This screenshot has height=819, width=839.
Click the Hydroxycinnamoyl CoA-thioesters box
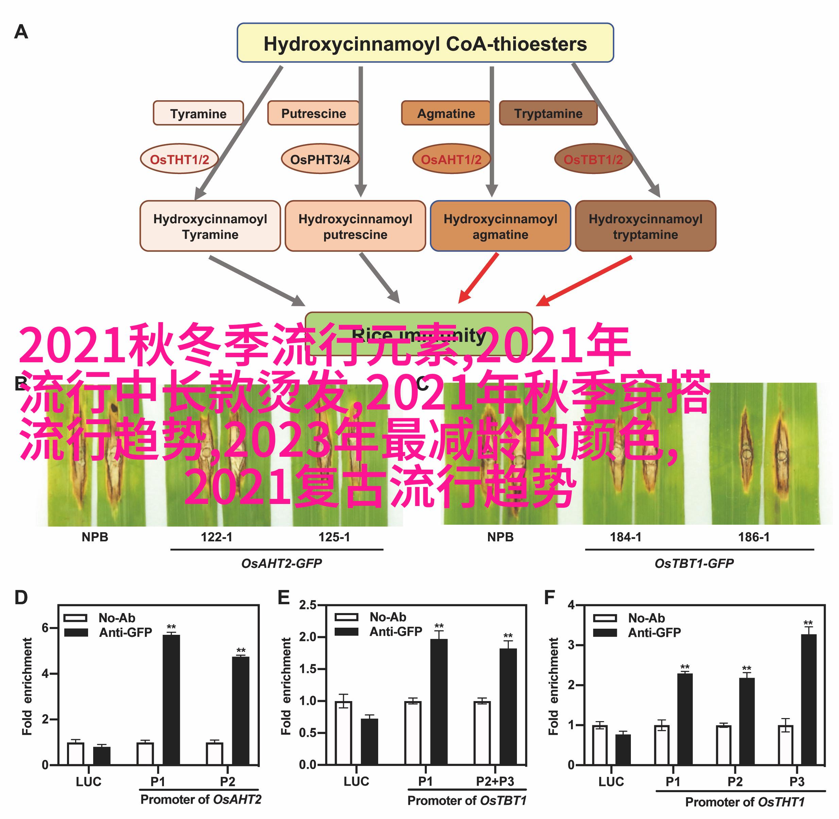(x=425, y=43)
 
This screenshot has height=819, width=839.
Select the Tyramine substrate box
(x=198, y=113)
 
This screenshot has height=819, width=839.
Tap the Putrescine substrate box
(x=313, y=113)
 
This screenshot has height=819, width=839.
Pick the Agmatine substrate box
(x=446, y=113)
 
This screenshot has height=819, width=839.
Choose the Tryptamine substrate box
(x=548, y=113)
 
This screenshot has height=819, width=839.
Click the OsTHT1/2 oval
(x=179, y=159)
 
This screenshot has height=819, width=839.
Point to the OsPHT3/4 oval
(x=320, y=159)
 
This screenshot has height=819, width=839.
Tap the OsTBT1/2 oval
(x=593, y=159)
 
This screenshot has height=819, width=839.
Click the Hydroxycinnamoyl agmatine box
(x=500, y=226)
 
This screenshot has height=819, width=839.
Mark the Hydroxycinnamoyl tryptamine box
(x=645, y=226)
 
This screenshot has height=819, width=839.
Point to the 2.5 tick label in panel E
(x=308, y=605)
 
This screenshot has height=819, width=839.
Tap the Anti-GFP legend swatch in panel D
(x=76, y=633)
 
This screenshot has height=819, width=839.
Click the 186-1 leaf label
(x=753, y=537)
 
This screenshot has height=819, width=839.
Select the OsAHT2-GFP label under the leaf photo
(x=281, y=563)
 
